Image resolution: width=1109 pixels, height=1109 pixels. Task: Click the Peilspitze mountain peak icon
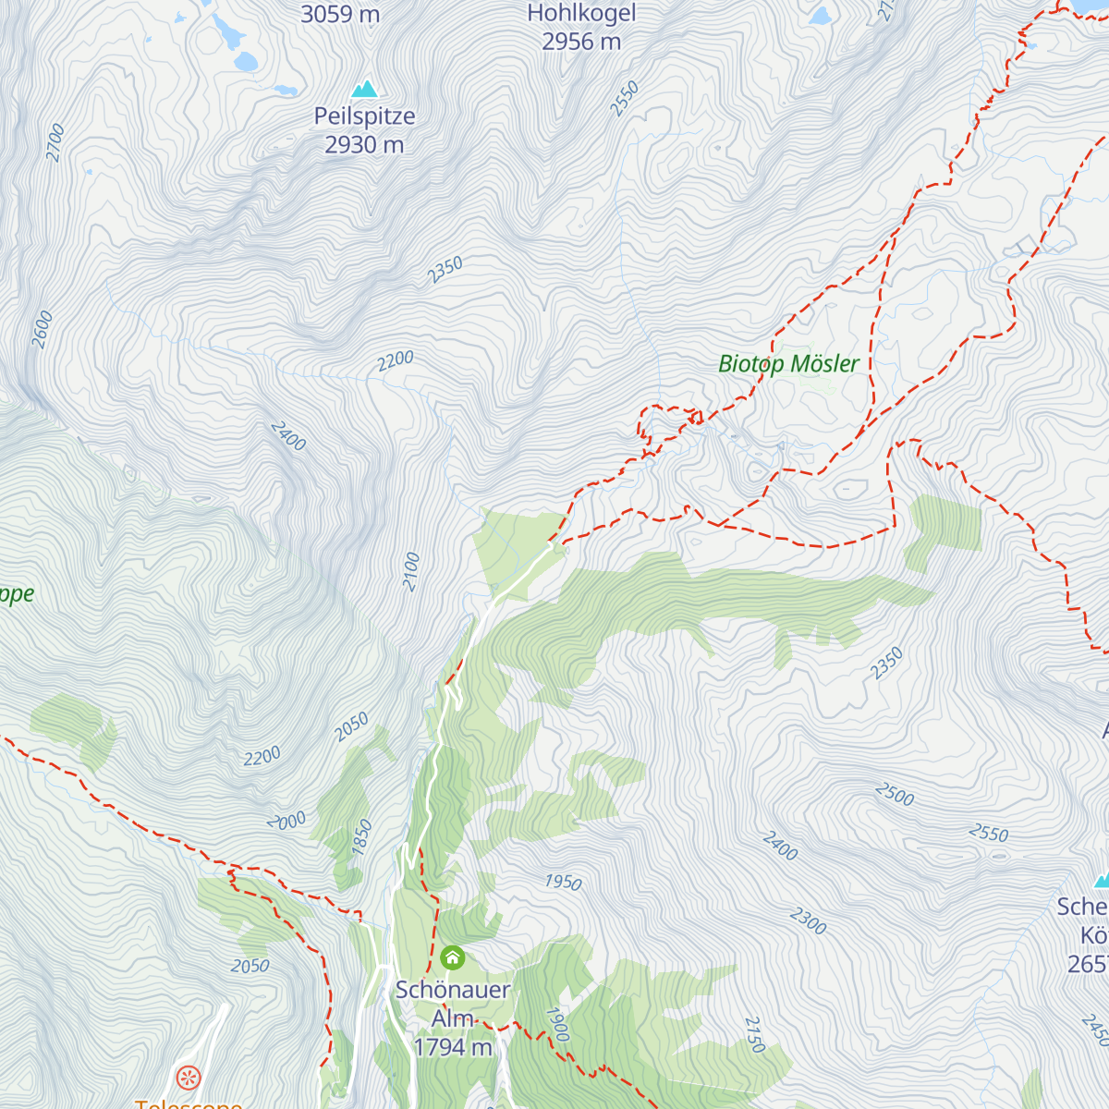point(365,89)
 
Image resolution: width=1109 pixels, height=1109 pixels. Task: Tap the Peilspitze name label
point(364,116)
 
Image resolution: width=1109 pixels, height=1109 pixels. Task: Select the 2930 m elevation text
point(364,145)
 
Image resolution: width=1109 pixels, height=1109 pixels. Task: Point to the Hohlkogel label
point(581,14)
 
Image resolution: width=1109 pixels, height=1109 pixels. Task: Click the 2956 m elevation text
point(581,42)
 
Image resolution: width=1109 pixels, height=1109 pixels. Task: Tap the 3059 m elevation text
point(340,14)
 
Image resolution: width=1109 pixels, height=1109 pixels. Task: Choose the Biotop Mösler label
point(788,364)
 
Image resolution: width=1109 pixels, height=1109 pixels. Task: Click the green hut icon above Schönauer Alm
point(452,957)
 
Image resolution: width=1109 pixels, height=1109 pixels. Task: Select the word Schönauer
point(452,990)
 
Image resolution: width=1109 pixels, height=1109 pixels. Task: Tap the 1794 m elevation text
point(452,1047)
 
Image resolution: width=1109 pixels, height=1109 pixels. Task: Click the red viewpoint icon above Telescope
point(189,1077)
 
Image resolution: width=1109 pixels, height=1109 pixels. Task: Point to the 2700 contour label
point(55,143)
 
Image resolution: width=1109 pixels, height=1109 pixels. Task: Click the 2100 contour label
point(411,572)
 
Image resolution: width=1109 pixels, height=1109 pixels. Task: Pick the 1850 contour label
point(361,835)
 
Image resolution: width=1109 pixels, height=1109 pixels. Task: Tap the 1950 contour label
point(563,882)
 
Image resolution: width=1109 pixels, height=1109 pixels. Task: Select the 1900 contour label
point(556,1024)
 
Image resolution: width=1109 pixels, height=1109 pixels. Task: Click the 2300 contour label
point(808,920)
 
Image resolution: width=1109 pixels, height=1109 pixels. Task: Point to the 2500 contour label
point(894,794)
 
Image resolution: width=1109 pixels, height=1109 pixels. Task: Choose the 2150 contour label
point(754,1034)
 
